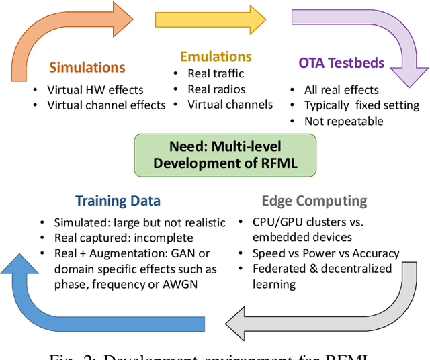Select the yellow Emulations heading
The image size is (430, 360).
[216, 56]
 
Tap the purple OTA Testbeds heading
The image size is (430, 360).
[341, 64]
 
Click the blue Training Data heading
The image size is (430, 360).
[118, 200]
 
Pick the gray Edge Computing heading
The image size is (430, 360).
[314, 200]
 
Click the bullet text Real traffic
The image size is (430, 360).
[215, 73]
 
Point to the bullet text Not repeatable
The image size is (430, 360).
[343, 121]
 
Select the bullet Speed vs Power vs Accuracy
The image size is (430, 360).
[325, 253]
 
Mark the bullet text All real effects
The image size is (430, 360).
[342, 90]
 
